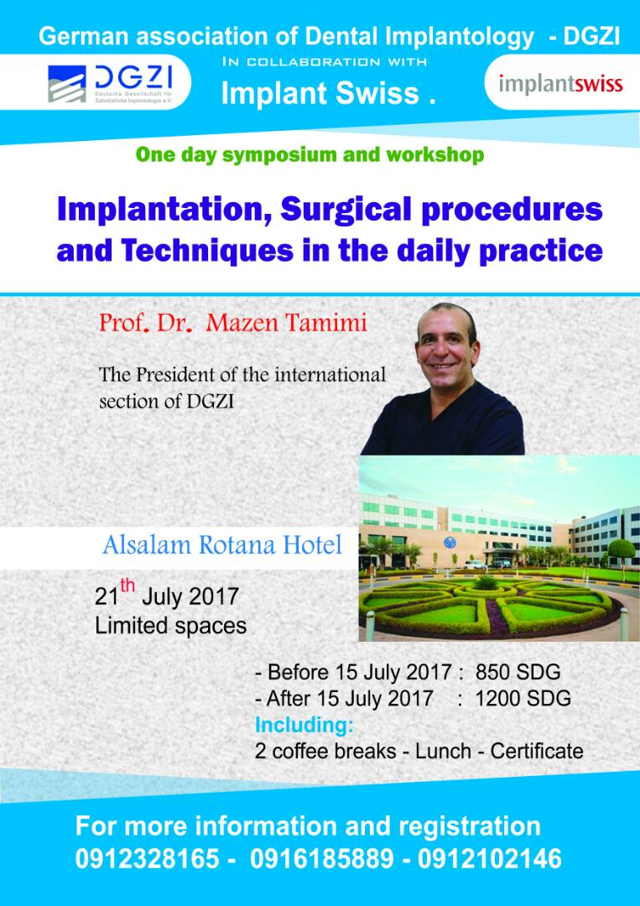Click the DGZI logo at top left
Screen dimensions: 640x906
117,82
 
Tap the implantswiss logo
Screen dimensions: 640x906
560,83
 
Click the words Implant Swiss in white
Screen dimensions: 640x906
321,94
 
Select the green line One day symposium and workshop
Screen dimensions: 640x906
310,155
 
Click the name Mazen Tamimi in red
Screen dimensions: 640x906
287,322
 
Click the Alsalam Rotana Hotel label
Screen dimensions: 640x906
222,545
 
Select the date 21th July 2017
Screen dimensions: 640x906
167,594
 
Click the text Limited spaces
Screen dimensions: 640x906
171,626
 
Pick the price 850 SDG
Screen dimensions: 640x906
518,672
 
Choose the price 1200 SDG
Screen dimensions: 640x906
523,698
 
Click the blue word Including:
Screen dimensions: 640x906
304,725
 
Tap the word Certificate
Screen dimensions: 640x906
537,751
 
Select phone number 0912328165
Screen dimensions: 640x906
148,859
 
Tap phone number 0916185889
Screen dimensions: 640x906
322,859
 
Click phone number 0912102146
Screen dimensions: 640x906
489,859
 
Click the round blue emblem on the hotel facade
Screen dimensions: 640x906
450,542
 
